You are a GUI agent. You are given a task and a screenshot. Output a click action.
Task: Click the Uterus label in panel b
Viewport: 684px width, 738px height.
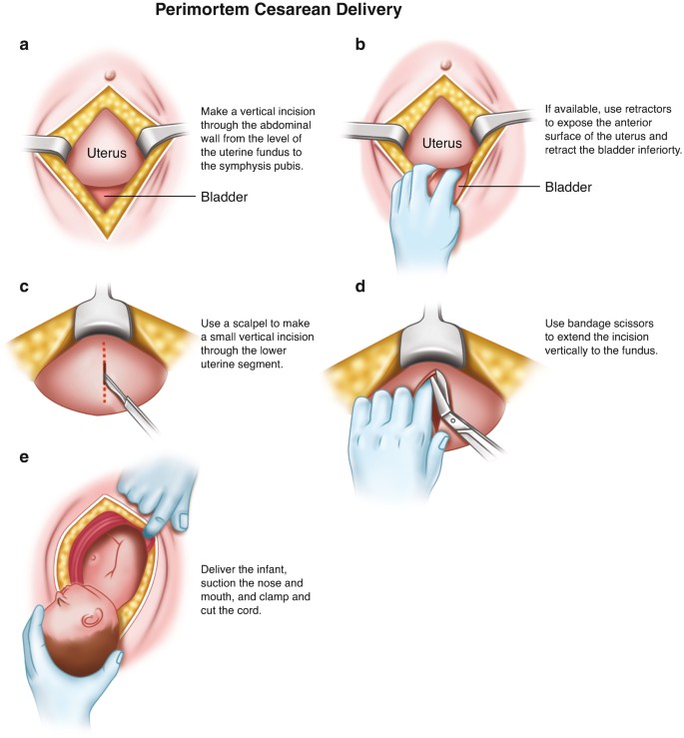[441, 143]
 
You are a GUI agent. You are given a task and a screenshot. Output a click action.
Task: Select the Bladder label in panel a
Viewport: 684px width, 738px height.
[223, 197]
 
